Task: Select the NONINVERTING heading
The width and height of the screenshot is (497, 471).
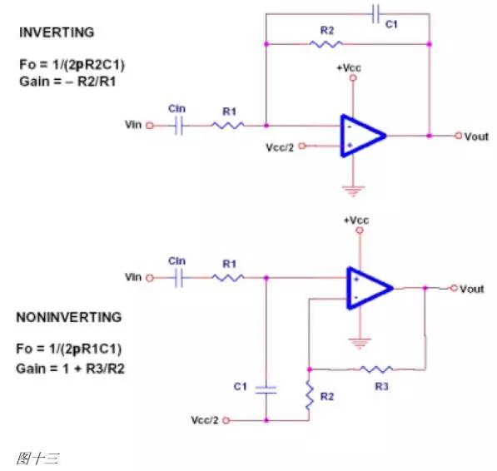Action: click(x=69, y=317)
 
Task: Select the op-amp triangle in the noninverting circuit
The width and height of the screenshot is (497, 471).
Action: click(x=366, y=287)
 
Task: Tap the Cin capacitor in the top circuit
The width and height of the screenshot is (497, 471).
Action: click(x=176, y=126)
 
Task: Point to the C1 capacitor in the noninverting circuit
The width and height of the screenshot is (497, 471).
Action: click(x=265, y=389)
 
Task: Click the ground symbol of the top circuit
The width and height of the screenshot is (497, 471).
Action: click(x=353, y=191)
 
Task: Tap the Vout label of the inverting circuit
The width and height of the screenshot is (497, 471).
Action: click(x=475, y=136)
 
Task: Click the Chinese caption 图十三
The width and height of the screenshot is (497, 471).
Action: click(x=37, y=458)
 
